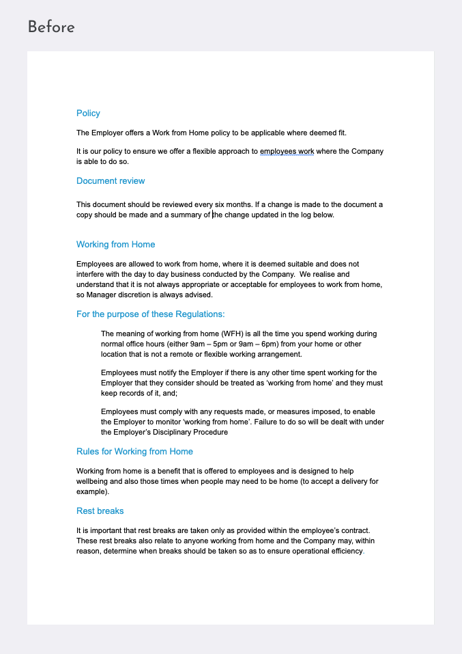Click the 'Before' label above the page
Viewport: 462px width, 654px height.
click(x=51, y=27)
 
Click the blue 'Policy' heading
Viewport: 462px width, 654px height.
click(x=88, y=113)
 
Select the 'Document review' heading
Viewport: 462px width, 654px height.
click(x=111, y=181)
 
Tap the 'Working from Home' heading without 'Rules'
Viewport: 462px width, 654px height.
click(x=115, y=245)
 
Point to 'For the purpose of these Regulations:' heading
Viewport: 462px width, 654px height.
click(x=150, y=314)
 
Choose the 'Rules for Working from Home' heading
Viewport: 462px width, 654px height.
click(x=134, y=452)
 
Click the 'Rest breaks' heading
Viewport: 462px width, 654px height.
click(x=100, y=511)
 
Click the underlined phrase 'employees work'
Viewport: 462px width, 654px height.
click(x=287, y=151)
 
